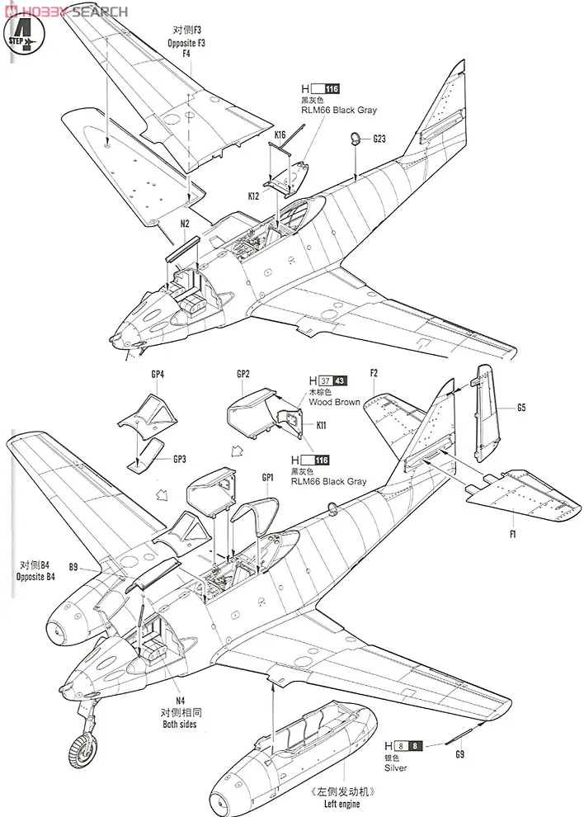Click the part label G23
tap(379, 139)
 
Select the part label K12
tap(252, 197)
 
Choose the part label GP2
tap(243, 374)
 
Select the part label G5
tap(521, 408)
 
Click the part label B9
tap(73, 567)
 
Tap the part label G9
tap(459, 753)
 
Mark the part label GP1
tap(266, 478)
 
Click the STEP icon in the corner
tap(26, 35)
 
